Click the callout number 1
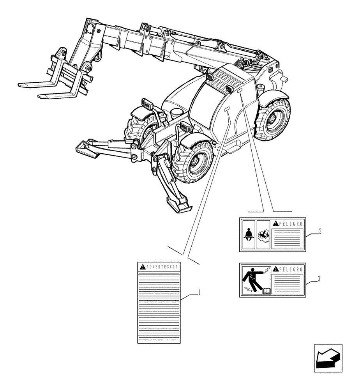tap(199, 292)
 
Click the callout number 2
tap(319, 231)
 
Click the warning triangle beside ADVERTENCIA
tap(143, 267)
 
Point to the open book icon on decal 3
tap(266, 291)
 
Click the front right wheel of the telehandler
tap(194, 164)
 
